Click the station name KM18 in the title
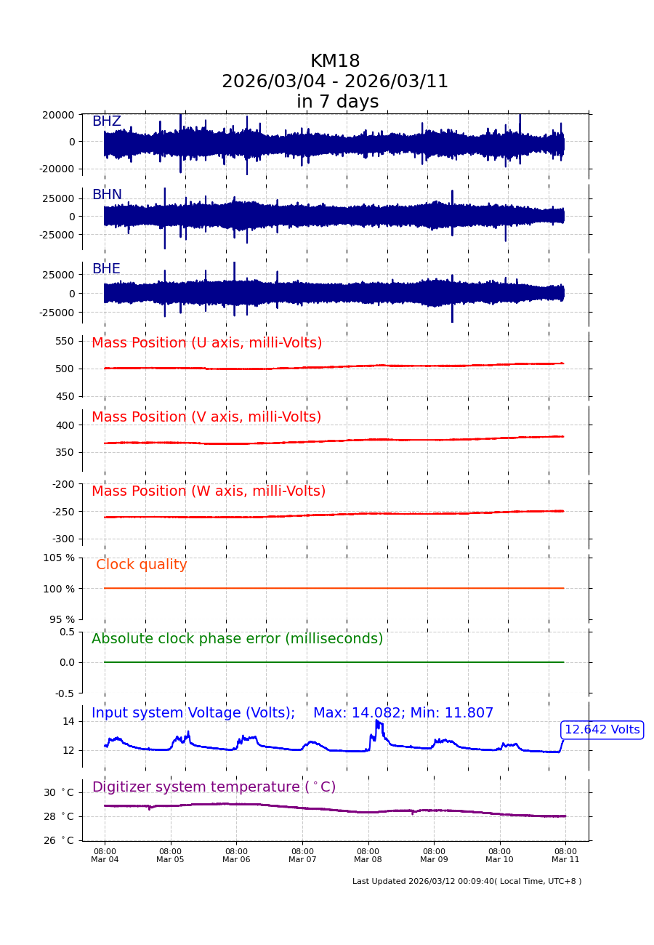[x=335, y=62]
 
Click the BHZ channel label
[x=106, y=121]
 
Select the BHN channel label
[x=107, y=195]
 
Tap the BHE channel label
[x=106, y=269]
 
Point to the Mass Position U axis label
[x=206, y=343]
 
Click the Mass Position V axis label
[x=206, y=417]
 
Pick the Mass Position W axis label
[x=209, y=491]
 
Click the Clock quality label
[x=142, y=565]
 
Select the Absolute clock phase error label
[x=237, y=639]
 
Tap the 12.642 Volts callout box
[x=602, y=730]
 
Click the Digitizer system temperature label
[x=214, y=787]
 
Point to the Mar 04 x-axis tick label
[x=105, y=856]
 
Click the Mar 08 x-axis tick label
[x=368, y=856]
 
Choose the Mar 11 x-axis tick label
[x=565, y=856]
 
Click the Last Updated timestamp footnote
[x=467, y=882]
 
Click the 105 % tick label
[x=59, y=558]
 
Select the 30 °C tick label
[x=59, y=792]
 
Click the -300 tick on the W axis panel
[x=62, y=539]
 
